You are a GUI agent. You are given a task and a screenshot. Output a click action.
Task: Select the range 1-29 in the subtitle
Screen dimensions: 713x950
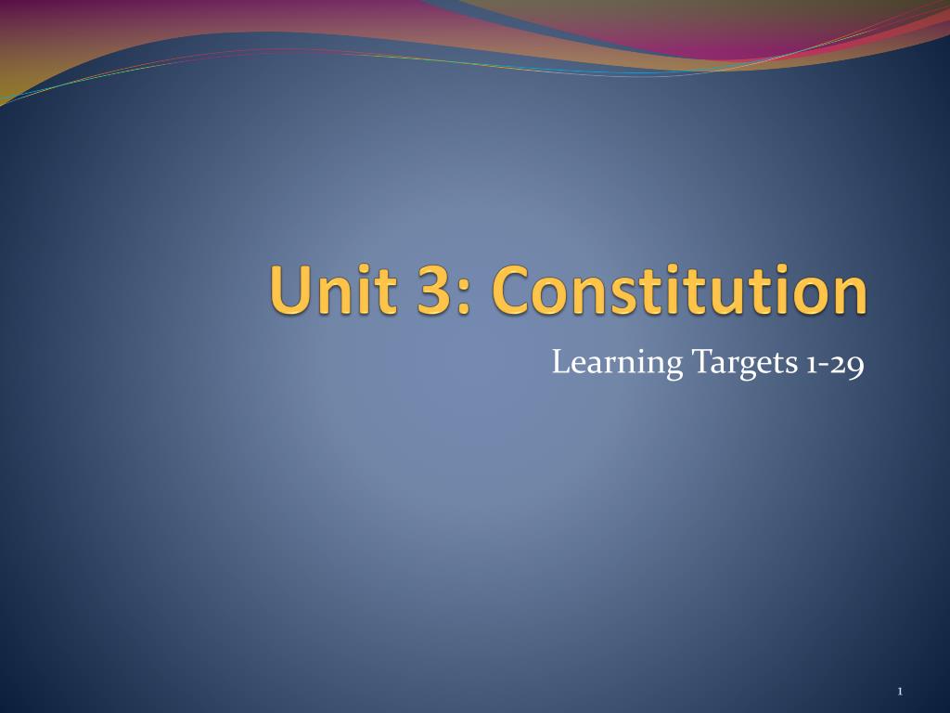pyautogui.click(x=832, y=364)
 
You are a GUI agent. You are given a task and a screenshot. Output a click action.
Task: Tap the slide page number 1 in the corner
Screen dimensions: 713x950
pyautogui.click(x=900, y=691)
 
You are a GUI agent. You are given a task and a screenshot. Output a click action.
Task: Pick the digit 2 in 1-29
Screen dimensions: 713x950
pyautogui.click(x=839, y=364)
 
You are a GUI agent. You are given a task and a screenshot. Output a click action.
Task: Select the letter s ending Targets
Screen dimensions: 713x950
pyautogui.click(x=786, y=365)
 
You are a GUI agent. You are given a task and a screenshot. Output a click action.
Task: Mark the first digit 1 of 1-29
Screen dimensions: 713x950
pyautogui.click(x=810, y=365)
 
